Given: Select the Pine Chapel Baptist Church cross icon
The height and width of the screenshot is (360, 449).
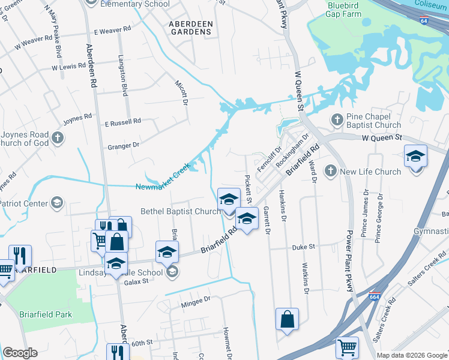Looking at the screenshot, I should [x=337, y=121].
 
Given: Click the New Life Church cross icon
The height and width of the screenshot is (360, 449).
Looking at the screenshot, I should [x=330, y=172].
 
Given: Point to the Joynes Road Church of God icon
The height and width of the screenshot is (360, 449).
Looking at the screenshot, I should [x=58, y=138].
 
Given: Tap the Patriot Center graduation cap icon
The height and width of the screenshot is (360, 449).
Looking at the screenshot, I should [x=57, y=203].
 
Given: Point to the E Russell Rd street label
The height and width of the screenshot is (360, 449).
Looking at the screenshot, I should [x=122, y=122].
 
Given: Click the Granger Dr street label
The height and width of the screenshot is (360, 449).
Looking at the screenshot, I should [x=123, y=145].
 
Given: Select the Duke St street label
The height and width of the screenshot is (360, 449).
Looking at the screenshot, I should [x=303, y=247].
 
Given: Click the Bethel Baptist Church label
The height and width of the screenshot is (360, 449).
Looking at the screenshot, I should [x=180, y=211].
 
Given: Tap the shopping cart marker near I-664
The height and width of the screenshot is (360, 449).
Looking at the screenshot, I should [x=347, y=346].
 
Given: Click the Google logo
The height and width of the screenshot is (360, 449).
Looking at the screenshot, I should [x=20, y=353].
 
